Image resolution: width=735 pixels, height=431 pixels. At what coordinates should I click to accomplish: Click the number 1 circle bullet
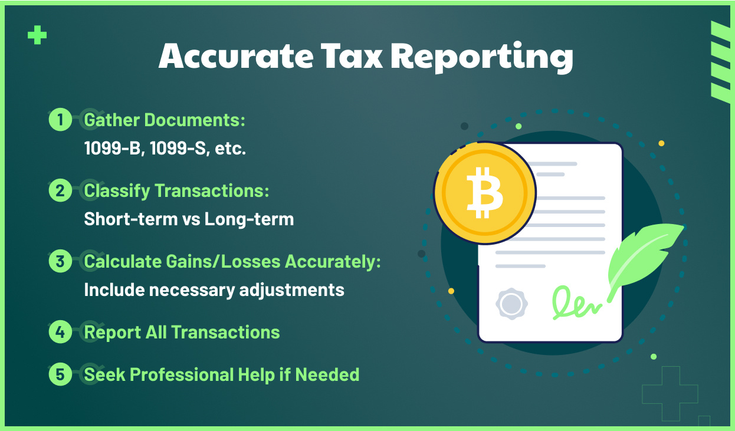tap(60, 120)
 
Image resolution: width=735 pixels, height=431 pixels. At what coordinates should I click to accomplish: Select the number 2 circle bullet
tap(60, 191)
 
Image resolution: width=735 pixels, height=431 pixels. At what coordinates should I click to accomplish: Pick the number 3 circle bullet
tap(60, 261)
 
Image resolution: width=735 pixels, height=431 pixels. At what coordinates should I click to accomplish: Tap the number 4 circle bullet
tap(60, 332)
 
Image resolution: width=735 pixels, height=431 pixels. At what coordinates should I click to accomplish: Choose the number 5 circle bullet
tap(60, 374)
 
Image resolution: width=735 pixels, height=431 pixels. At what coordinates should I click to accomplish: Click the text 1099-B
tap(113, 149)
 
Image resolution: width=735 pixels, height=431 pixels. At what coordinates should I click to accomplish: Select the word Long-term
tap(249, 219)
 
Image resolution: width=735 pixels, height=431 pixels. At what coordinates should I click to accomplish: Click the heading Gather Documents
tap(164, 120)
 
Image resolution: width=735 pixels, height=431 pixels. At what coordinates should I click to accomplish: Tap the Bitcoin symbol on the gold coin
tap(484, 192)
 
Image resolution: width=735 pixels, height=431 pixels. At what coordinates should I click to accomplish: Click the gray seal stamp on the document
tap(511, 304)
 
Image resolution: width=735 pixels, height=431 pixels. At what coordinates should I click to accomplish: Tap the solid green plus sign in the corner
tap(37, 36)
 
